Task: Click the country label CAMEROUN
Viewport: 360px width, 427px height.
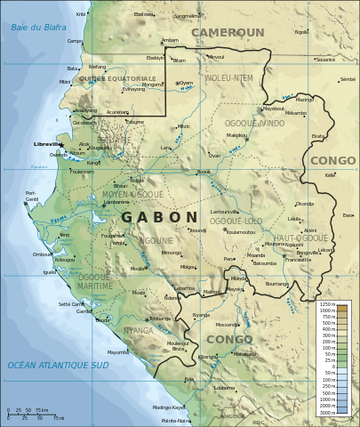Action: click(x=228, y=32)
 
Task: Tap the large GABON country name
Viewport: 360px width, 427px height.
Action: click(x=159, y=217)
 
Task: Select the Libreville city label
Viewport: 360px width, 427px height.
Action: click(x=47, y=143)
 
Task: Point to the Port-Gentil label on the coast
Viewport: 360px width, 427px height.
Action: click(x=31, y=196)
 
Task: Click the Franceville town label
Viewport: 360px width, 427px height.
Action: click(x=298, y=260)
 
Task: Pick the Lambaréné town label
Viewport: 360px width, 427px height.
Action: click(x=116, y=202)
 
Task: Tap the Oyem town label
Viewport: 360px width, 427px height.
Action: click(x=186, y=83)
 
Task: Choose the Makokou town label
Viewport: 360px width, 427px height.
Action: click(x=236, y=135)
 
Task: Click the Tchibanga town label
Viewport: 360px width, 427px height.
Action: click(x=159, y=318)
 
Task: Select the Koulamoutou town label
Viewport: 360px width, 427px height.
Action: click(x=240, y=232)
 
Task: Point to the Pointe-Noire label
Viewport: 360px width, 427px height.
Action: click(x=176, y=421)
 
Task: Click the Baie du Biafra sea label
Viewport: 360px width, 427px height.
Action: click(x=38, y=28)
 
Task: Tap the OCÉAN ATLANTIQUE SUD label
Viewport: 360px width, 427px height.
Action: click(x=58, y=365)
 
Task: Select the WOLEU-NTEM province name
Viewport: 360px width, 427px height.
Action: click(x=228, y=78)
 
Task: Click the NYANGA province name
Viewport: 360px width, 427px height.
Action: click(x=138, y=331)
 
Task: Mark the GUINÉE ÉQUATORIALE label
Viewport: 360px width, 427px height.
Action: click(x=116, y=78)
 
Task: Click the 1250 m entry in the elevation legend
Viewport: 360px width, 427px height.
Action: click(x=327, y=304)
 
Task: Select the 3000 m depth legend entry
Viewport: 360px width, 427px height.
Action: click(x=327, y=413)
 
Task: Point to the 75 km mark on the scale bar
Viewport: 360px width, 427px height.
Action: click(x=44, y=410)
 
